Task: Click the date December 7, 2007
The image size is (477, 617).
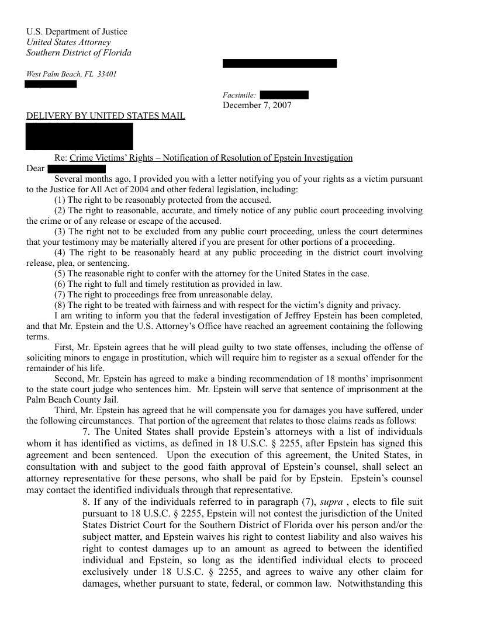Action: click(x=257, y=105)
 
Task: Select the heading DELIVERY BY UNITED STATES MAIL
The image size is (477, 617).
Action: click(x=106, y=116)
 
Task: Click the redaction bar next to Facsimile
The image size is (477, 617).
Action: click(x=284, y=95)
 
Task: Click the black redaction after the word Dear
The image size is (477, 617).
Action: click(x=75, y=169)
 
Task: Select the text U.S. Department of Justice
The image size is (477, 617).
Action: click(x=77, y=32)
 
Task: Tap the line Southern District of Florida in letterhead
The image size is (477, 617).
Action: click(x=79, y=53)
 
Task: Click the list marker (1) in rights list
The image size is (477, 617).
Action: click(x=60, y=200)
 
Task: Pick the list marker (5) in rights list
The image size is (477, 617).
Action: click(x=60, y=273)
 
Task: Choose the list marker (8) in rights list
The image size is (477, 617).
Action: click(x=60, y=305)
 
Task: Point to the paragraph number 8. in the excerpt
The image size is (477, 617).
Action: click(x=87, y=502)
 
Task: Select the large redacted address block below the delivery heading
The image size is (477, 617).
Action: click(x=79, y=136)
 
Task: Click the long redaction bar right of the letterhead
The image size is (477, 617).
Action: click(x=279, y=63)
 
